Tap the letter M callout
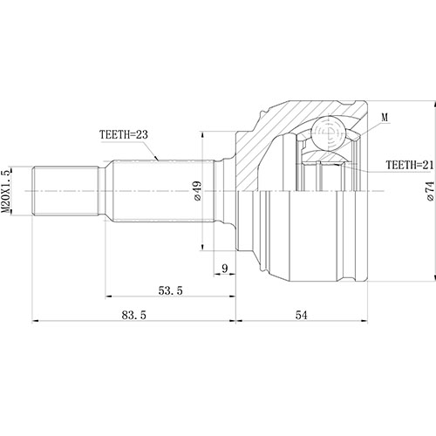pyautogui.click(x=385, y=116)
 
